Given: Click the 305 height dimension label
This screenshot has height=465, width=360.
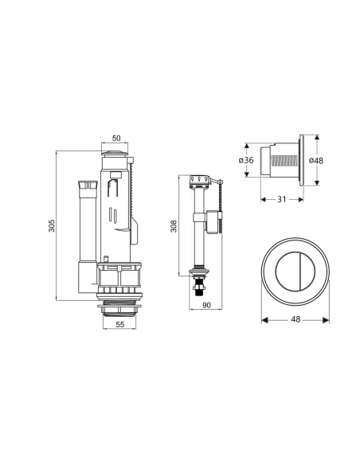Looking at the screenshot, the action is click(x=52, y=225).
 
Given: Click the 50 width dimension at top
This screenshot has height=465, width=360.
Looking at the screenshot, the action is click(x=116, y=139).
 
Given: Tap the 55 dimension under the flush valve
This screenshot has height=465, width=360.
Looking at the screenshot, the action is click(x=119, y=325).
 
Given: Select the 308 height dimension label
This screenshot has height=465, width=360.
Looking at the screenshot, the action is click(x=174, y=226).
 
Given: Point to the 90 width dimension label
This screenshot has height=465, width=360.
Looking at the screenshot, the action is click(x=206, y=305).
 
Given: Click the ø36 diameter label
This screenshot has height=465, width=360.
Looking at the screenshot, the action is click(x=246, y=160).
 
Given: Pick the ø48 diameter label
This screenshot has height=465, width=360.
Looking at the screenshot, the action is click(x=316, y=160).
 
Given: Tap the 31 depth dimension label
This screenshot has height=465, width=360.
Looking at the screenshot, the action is click(x=282, y=199).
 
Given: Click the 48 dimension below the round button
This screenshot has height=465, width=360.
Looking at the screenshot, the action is click(x=295, y=319).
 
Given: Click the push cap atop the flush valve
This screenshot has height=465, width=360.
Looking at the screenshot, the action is click(x=115, y=153).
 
